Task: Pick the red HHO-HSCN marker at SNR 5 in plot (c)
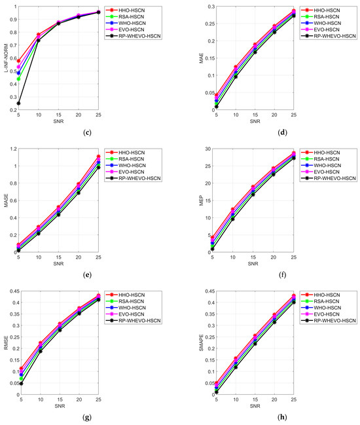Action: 19,61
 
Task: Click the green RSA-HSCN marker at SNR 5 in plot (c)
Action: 19,79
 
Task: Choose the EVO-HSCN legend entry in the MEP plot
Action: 334,171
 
